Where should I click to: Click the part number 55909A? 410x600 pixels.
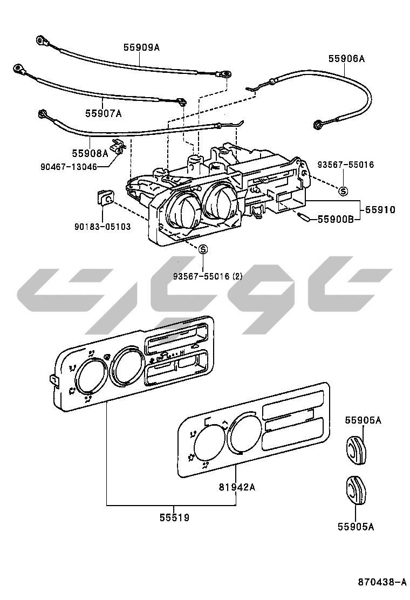pos(142,47)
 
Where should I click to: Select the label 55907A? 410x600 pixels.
pos(103,113)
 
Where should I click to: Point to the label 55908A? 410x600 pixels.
pos(90,154)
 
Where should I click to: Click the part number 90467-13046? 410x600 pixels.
pos(69,167)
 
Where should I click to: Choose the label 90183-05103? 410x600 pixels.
pos(102,227)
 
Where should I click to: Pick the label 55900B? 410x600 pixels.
pos(335,219)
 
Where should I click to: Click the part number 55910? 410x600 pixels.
pos(380,209)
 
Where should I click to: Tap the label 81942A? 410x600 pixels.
pos(237,487)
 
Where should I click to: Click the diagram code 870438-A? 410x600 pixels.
pos(382,582)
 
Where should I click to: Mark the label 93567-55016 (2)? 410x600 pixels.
pos(208,276)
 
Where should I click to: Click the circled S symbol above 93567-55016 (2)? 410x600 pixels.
pos(203,249)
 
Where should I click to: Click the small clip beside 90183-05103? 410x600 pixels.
pos(104,199)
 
